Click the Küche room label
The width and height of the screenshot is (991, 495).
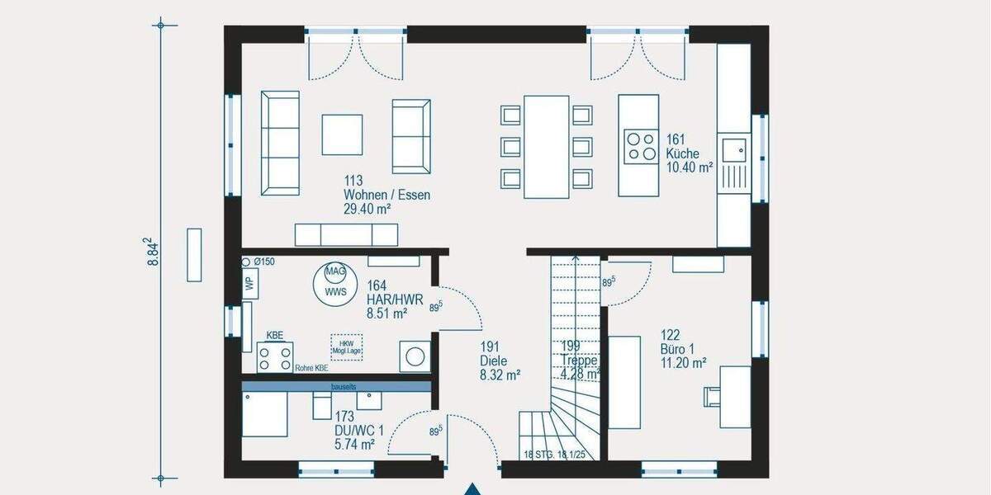(x=683, y=153)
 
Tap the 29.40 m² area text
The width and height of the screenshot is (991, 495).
(x=367, y=210)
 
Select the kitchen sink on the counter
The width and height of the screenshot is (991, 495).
(x=733, y=150)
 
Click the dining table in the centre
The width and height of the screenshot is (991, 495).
(x=547, y=147)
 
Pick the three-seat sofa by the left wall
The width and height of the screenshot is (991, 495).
(x=280, y=143)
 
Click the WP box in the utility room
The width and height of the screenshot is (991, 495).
(x=249, y=282)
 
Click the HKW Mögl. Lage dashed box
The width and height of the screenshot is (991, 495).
(x=346, y=346)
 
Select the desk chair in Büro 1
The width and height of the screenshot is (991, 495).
(x=710, y=396)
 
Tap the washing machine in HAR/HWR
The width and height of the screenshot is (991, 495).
(x=415, y=356)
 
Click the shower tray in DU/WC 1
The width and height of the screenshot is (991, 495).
(x=264, y=414)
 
